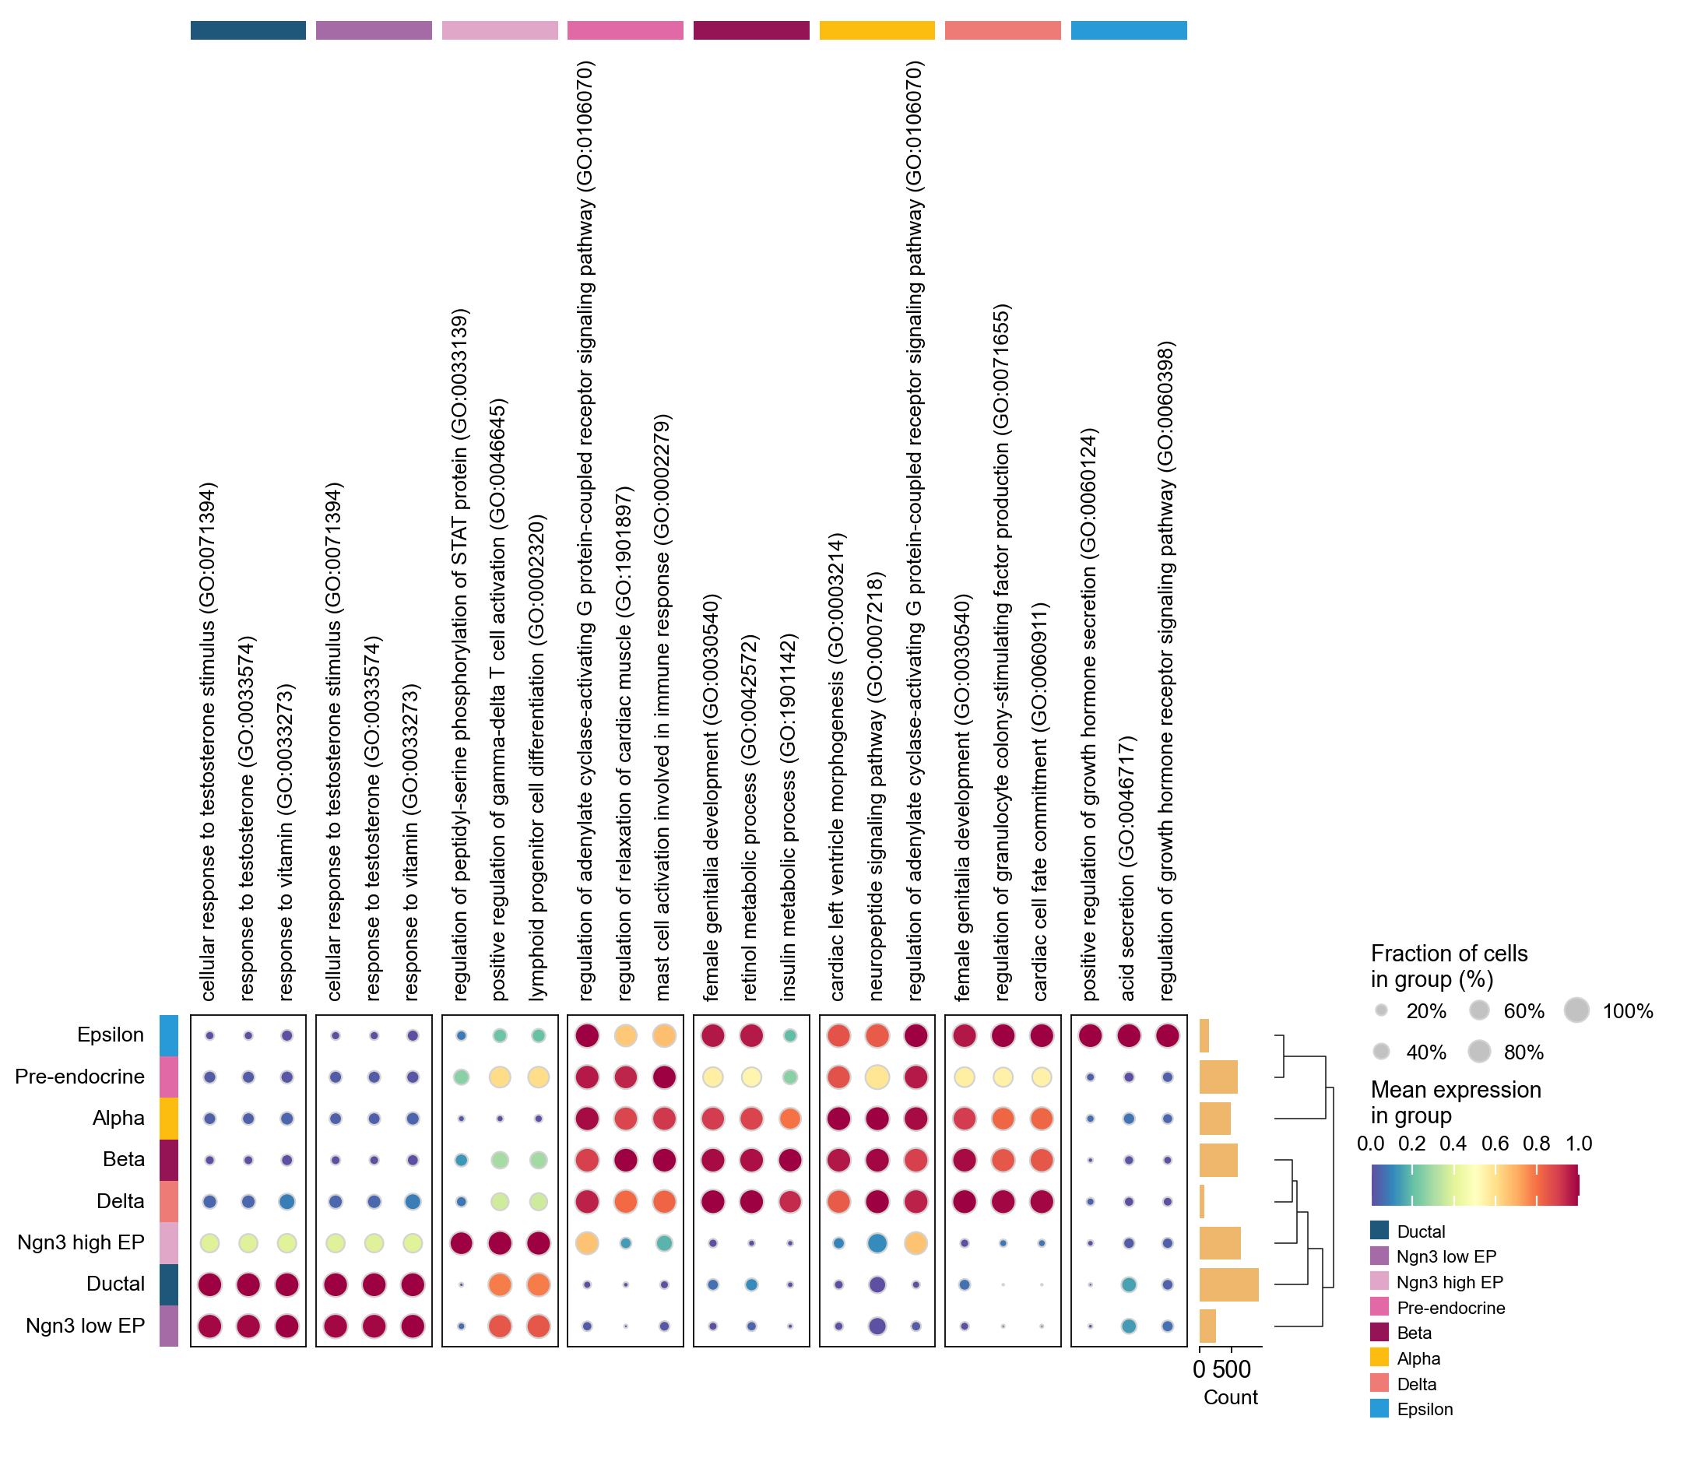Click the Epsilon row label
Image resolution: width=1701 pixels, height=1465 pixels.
pos(110,1035)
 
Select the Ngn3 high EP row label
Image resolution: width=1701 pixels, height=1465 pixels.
pos(80,1242)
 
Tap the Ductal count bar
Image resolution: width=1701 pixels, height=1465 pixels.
pos(1228,1284)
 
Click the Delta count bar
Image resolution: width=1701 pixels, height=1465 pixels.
pos(1202,1202)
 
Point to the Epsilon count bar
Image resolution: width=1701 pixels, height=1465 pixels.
pos(1204,1036)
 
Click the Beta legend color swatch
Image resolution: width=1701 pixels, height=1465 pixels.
pos(1379,1333)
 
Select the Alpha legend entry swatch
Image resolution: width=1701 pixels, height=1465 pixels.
pos(1379,1358)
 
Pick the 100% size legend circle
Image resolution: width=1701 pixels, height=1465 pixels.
pos(1576,1010)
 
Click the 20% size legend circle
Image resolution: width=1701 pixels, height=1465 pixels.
pos(1382,1010)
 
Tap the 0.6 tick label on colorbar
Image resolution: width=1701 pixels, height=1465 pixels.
pos(1495,1144)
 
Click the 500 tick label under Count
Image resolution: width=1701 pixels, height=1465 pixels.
pos(1232,1369)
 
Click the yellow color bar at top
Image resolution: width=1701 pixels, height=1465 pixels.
pos(877,30)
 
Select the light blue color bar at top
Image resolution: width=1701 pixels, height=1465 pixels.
pos(1129,30)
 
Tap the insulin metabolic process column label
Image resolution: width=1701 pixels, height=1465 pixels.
pos(788,817)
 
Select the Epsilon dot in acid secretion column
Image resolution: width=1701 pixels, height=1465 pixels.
pos(1129,1036)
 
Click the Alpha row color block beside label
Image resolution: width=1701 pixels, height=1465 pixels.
pos(168,1118)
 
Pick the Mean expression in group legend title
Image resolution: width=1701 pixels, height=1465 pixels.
pos(1456,1102)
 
